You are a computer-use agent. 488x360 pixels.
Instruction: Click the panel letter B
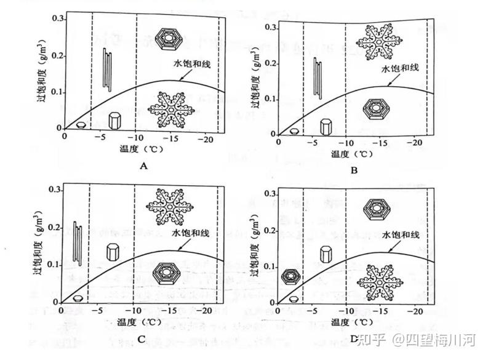point(354,170)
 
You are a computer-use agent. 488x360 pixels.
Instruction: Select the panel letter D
point(354,338)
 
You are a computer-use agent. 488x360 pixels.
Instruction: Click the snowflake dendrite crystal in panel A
point(170,109)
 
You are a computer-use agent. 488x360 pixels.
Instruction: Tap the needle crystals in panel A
point(107,69)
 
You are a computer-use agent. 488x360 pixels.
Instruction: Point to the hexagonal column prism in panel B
point(326,126)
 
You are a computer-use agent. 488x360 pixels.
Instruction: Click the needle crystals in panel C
point(78,243)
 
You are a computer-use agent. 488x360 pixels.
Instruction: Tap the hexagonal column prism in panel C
point(112,252)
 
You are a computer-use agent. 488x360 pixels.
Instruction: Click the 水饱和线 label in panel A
point(193,63)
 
